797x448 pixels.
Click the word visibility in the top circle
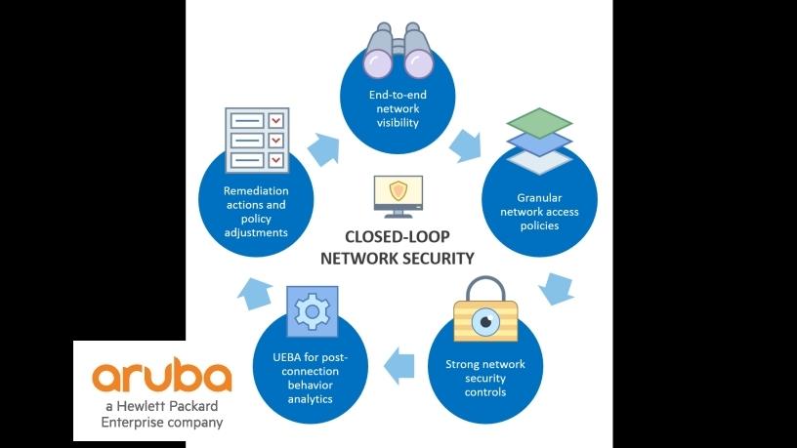[x=398, y=124]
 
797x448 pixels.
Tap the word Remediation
[x=255, y=191]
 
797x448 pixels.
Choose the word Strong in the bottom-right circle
[x=465, y=364]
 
